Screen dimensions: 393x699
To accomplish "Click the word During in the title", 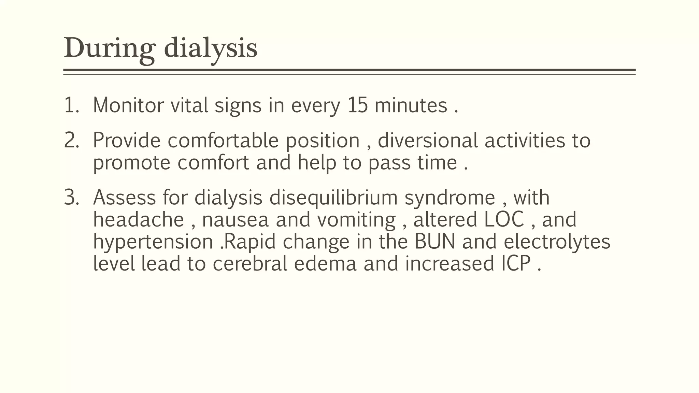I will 110,48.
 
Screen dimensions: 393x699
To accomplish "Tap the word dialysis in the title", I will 210,48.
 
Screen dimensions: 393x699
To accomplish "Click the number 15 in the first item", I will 358,105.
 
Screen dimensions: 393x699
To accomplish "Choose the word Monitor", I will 128,105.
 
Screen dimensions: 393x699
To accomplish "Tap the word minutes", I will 411,105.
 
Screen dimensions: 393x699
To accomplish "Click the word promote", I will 131,163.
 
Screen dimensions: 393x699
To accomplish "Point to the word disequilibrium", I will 333,198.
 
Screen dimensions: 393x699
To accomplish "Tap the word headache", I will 139,219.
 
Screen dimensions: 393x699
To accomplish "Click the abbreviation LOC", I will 504,219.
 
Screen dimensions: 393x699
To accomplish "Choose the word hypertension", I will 153,242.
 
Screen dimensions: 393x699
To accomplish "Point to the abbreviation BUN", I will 435,242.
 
